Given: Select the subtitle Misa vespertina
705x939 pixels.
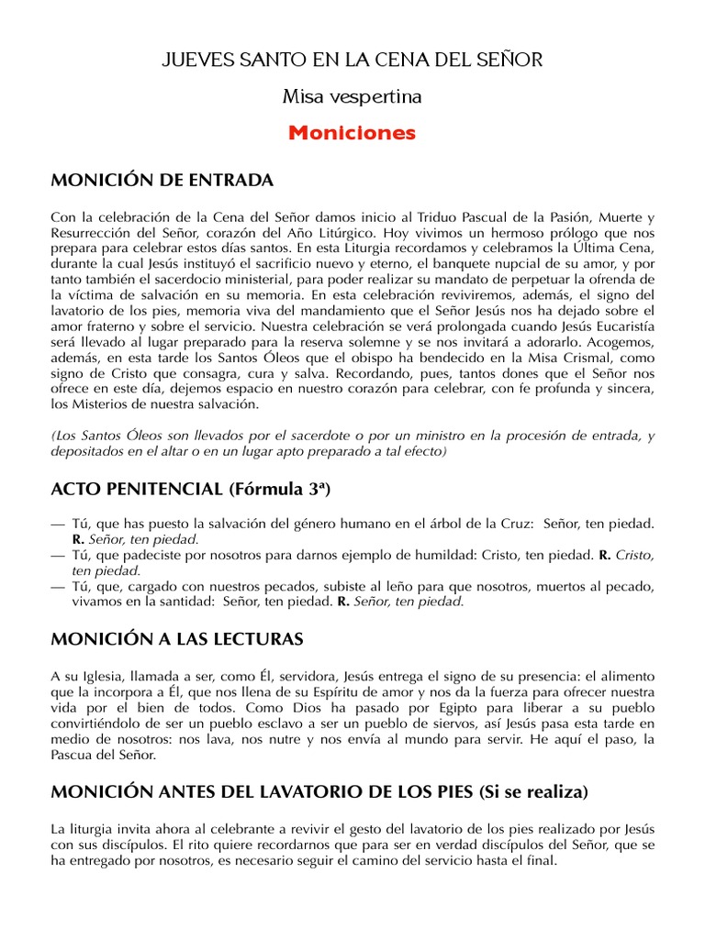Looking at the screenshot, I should point(352,95).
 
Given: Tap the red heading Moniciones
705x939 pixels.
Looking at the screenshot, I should point(352,133).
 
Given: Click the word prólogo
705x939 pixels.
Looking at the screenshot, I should point(570,233).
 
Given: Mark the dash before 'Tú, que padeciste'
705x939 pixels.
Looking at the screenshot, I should point(58,555).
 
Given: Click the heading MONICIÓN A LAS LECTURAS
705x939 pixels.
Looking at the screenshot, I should point(177,637).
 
